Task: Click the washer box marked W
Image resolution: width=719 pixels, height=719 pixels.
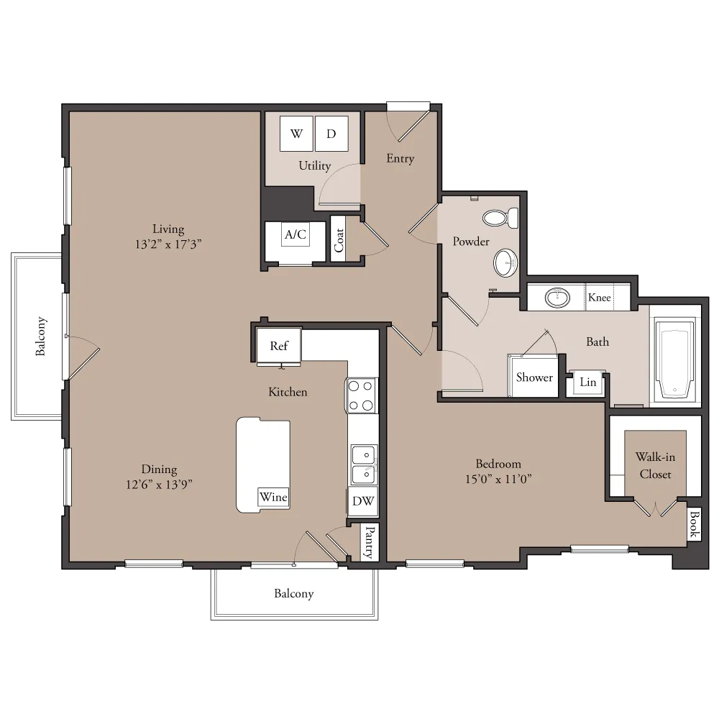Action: (296, 134)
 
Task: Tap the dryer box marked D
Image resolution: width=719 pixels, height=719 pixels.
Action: (331, 134)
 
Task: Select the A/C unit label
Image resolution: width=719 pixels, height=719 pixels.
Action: (296, 234)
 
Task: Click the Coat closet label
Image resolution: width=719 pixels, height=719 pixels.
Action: (339, 240)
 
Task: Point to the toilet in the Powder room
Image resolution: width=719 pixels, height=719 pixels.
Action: (500, 218)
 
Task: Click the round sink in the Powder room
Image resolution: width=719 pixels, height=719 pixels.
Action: (505, 262)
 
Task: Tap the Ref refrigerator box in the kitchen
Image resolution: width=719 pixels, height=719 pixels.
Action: (279, 346)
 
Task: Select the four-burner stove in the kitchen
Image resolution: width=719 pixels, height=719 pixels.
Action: (361, 395)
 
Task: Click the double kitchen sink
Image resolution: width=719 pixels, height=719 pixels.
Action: (364, 464)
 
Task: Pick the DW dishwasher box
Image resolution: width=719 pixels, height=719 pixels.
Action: (362, 501)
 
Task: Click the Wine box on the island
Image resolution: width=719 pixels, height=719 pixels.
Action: (274, 497)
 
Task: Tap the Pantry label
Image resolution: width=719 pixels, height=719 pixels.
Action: (370, 542)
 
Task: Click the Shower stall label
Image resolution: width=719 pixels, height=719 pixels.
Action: (534, 377)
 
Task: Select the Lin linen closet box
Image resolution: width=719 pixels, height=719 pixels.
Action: (587, 383)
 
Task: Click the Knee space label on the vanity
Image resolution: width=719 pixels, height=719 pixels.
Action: (600, 298)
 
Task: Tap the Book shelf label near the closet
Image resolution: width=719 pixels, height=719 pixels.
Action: (693, 523)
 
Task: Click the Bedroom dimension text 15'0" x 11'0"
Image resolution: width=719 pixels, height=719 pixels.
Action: (498, 479)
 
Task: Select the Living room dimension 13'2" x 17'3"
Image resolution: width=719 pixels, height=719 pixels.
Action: (168, 244)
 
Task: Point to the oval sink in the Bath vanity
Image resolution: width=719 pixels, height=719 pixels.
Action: (558, 298)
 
